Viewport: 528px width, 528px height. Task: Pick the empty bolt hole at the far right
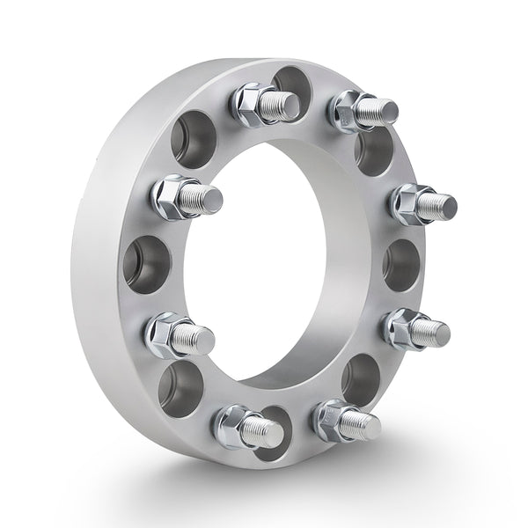[x=401, y=263]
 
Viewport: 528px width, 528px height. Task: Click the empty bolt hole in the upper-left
[x=193, y=138]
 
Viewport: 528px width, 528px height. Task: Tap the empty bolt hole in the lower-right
[x=362, y=378]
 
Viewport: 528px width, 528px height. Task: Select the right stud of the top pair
[x=364, y=109]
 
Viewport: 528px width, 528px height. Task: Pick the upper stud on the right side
[x=423, y=204]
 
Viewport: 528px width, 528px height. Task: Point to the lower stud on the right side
[x=417, y=329]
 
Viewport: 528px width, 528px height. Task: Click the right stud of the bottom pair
[x=348, y=421]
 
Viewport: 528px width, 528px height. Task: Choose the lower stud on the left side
[x=180, y=334]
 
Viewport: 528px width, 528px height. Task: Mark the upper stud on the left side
[x=187, y=197]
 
